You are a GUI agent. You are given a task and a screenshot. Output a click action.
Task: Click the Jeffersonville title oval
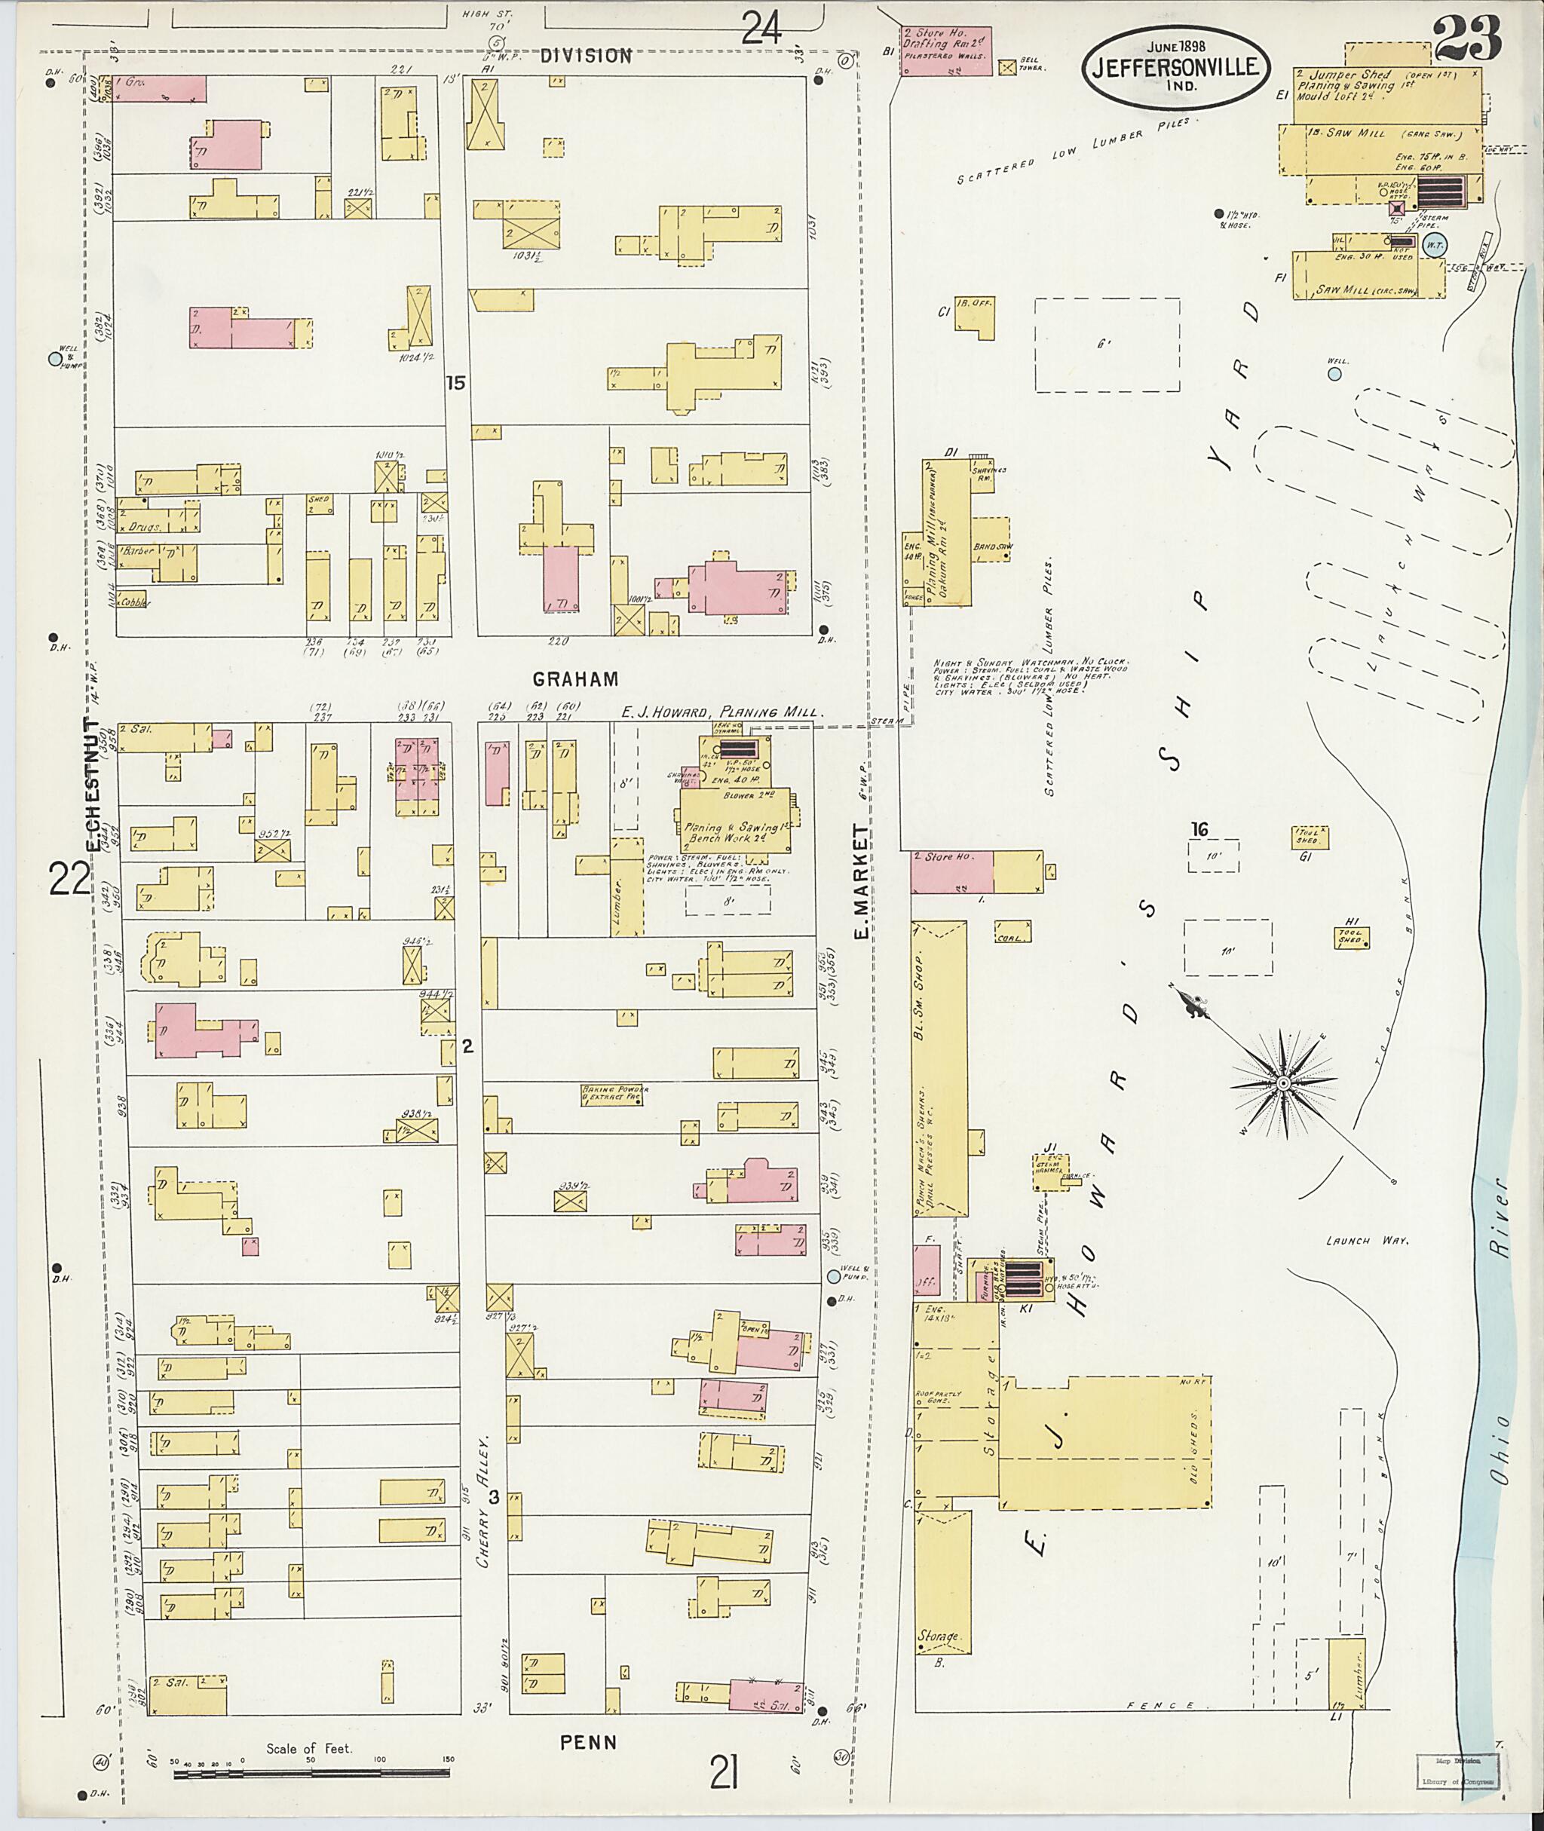click(x=1175, y=67)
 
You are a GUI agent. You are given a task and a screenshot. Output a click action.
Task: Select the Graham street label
click(x=576, y=678)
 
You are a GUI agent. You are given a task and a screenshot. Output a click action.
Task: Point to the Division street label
click(x=586, y=56)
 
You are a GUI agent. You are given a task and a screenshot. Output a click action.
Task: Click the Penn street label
click(x=588, y=1742)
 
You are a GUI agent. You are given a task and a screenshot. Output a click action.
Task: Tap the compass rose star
click(x=1282, y=1083)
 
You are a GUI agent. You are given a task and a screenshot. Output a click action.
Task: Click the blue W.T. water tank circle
click(x=1434, y=244)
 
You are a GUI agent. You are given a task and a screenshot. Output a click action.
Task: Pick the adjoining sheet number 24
click(x=761, y=28)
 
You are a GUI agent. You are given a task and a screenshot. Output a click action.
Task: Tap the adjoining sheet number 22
click(x=69, y=879)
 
